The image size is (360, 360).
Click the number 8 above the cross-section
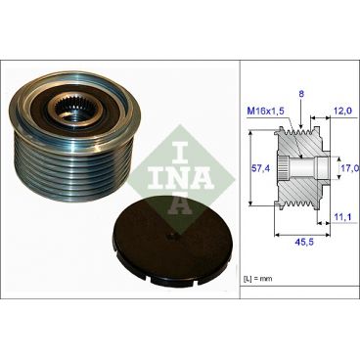coord(300,92)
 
